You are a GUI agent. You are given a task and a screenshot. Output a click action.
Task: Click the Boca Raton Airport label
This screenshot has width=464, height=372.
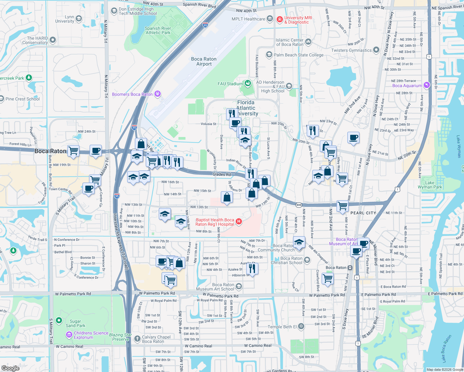tap(204, 61)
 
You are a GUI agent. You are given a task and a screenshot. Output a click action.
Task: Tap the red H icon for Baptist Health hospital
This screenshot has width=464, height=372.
tap(239, 221)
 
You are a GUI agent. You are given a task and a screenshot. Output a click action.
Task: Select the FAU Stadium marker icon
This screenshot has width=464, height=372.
tap(248, 83)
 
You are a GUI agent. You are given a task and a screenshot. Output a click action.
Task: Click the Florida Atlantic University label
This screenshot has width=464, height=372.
tap(246, 108)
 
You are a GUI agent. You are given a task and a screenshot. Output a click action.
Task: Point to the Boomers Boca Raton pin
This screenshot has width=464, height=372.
tap(158, 94)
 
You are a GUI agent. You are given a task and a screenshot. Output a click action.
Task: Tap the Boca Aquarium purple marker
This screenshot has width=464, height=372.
tap(427, 85)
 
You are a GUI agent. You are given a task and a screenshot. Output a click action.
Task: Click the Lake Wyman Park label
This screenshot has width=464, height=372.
tap(430, 185)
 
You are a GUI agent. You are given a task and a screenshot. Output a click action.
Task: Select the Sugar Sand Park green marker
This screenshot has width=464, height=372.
tap(59, 320)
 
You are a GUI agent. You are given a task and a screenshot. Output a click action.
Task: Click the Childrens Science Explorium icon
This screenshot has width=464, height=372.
tap(69, 334)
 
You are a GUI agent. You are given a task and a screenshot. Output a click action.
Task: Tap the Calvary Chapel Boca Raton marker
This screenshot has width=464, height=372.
tap(137, 339)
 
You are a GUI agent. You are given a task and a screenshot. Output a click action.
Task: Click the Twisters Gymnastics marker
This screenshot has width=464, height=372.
tap(376, 50)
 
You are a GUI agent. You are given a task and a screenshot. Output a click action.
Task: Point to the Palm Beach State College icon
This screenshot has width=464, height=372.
tap(269, 55)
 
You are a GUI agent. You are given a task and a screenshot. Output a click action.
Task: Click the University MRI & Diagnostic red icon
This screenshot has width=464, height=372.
tap(280, 20)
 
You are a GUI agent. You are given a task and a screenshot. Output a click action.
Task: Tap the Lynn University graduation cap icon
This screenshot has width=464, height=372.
tap(79, 19)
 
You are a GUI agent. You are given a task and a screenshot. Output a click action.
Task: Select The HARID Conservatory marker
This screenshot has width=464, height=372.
tap(53, 40)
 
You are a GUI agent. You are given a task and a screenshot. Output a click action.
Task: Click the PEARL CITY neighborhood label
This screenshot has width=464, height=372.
tap(363, 213)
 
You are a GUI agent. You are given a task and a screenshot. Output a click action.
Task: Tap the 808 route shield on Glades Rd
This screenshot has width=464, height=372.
tap(299, 205)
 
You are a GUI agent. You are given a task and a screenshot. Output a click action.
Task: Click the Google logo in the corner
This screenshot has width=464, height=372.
tap(10, 368)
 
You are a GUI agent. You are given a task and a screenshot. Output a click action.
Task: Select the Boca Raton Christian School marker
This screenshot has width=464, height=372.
tap(307, 260)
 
